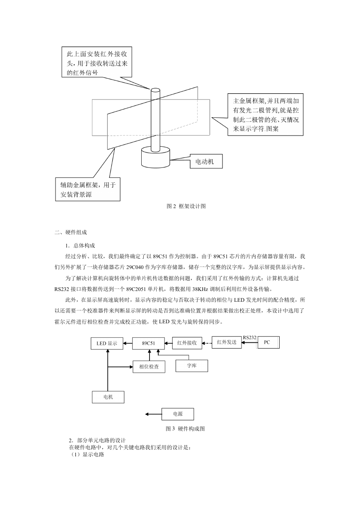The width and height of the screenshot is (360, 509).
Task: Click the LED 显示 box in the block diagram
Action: [x=107, y=343]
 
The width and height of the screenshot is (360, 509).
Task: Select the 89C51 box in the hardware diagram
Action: [x=149, y=343]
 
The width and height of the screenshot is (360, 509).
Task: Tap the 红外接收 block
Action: [x=187, y=343]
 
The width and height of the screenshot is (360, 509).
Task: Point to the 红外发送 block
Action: [x=227, y=342]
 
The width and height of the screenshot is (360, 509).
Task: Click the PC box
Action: [x=268, y=342]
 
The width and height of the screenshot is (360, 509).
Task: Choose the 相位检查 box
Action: [x=149, y=366]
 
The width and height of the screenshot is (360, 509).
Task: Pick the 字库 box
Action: [x=192, y=366]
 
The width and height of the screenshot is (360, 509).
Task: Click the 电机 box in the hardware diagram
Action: [x=108, y=397]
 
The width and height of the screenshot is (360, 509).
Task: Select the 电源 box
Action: [x=178, y=414]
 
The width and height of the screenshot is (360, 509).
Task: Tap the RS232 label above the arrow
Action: [x=249, y=338]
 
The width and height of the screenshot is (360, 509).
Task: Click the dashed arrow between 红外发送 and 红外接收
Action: [x=207, y=343]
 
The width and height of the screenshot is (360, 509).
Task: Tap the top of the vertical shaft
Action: [x=155, y=90]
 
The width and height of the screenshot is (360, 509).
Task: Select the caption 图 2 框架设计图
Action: [x=186, y=206]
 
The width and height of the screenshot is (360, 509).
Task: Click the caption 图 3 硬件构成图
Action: [x=185, y=429]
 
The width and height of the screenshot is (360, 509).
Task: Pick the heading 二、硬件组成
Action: [x=71, y=233]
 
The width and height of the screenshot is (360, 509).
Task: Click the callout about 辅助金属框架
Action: [x=88, y=189]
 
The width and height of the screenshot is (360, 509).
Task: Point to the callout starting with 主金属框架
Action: [x=266, y=114]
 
